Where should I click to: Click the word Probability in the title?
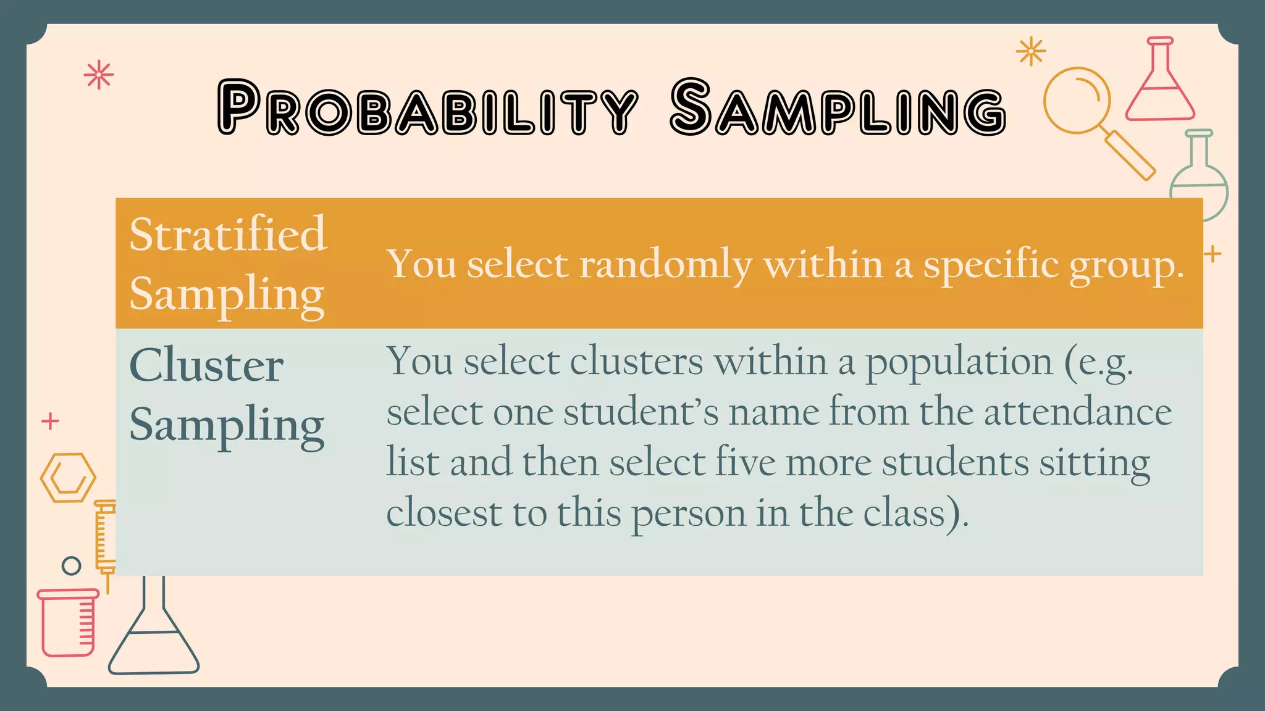pos(427,109)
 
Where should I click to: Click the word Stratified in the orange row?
pos(228,235)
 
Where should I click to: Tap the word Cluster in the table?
pos(206,365)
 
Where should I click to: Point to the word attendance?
pos(1077,412)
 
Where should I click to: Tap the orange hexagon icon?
pos(68,478)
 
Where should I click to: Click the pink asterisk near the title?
pos(99,76)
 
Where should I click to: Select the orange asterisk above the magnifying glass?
pos(1031,51)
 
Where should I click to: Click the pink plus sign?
pos(50,422)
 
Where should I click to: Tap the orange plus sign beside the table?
pos(1212,254)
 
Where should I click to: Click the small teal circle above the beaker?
pos(72,565)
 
